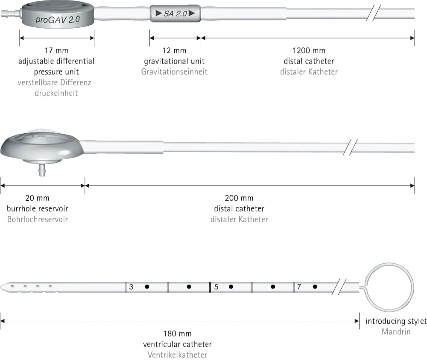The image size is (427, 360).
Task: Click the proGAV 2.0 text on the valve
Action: coord(58,19)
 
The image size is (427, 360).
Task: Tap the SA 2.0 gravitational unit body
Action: coord(175,13)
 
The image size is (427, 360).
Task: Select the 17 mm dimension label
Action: coord(56,50)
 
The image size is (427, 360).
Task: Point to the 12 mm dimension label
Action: coord(174,50)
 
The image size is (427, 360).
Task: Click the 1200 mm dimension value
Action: coord(309,50)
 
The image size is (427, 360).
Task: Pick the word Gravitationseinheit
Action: coord(174,72)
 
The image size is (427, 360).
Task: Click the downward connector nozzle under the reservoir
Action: coord(42,170)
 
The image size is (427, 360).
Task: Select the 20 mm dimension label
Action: coord(37,198)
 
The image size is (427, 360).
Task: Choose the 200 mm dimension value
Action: coord(239,198)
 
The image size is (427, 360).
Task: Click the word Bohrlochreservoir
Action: coord(38,219)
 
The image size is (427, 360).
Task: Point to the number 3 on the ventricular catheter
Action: coord(131,287)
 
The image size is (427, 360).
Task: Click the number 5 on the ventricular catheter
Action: coord(216,287)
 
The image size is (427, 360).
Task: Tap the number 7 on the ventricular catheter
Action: coord(299,287)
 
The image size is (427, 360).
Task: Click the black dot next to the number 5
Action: coord(231,287)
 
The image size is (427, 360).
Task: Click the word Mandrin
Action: coord(396,332)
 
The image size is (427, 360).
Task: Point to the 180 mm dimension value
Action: coord(178,334)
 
